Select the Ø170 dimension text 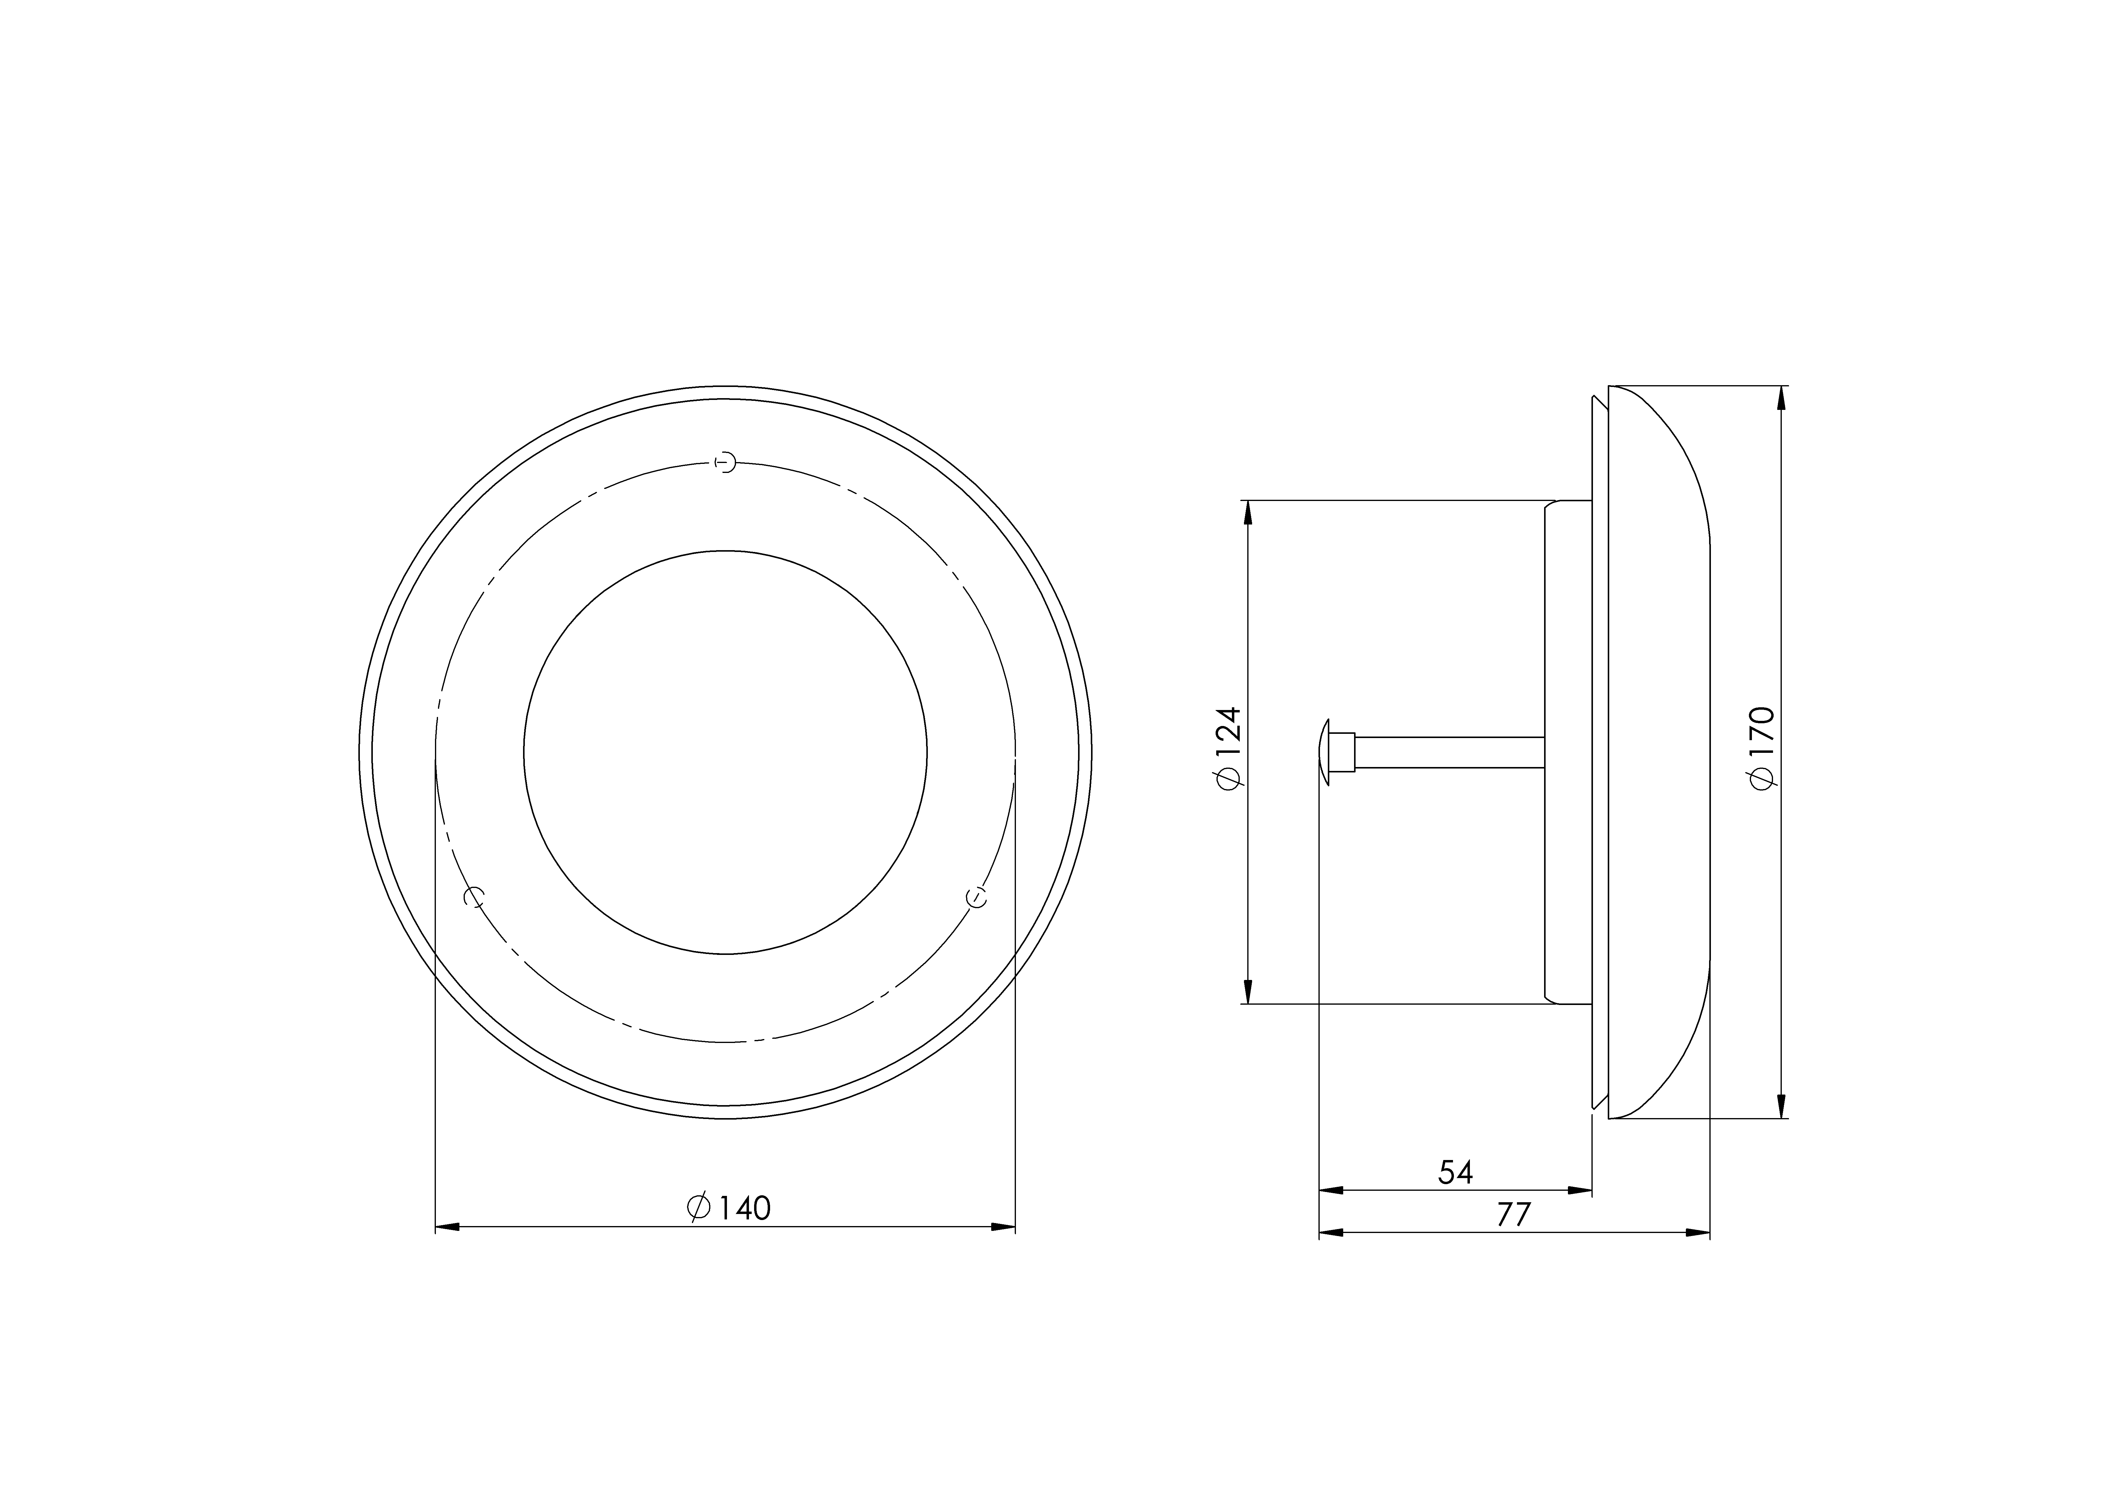[1761, 747]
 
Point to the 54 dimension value [1456, 1171]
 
